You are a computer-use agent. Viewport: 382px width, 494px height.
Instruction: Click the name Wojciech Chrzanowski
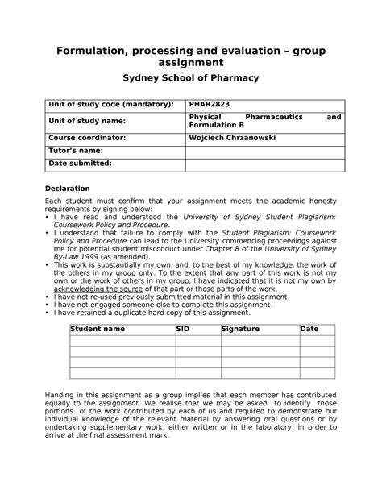click(x=232, y=137)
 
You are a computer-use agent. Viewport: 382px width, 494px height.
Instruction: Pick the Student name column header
click(x=98, y=329)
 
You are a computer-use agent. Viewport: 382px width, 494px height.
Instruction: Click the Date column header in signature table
click(x=309, y=329)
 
